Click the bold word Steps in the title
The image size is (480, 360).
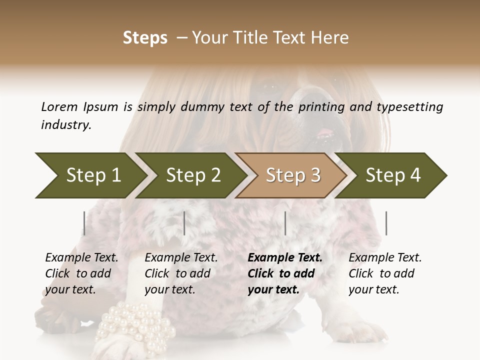coord(145,38)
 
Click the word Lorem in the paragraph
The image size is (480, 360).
coord(59,106)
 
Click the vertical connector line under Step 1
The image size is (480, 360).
coord(84,223)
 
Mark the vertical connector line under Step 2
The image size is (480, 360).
coord(184,223)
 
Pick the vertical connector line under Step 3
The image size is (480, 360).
coord(285,223)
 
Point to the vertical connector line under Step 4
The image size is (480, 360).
coord(386,223)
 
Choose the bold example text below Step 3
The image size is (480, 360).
coord(284,273)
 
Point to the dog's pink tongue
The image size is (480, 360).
coord(325,133)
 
